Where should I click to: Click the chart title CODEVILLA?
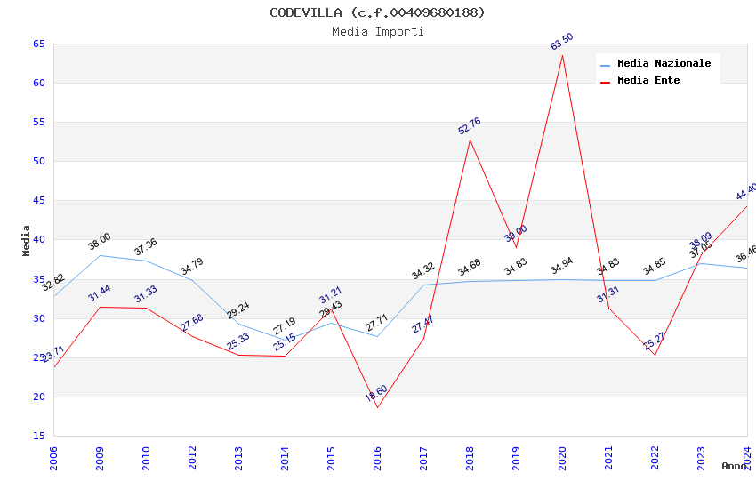coord(378,12)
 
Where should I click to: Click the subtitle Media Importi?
coord(378,31)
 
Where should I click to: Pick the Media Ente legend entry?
coord(648,80)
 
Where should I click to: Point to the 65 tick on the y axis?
coord(39,44)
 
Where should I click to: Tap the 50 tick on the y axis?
coord(39,161)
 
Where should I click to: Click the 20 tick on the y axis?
coord(39,397)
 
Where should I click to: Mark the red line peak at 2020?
coord(562,55)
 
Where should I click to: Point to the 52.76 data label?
coord(470,125)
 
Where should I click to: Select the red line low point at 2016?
coord(377,407)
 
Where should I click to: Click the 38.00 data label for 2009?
coord(100,241)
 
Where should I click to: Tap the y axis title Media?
coord(27,240)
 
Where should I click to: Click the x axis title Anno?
coord(734,466)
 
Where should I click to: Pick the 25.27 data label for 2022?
coord(655,341)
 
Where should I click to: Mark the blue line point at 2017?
coord(423,285)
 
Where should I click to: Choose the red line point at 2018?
coord(470,140)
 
